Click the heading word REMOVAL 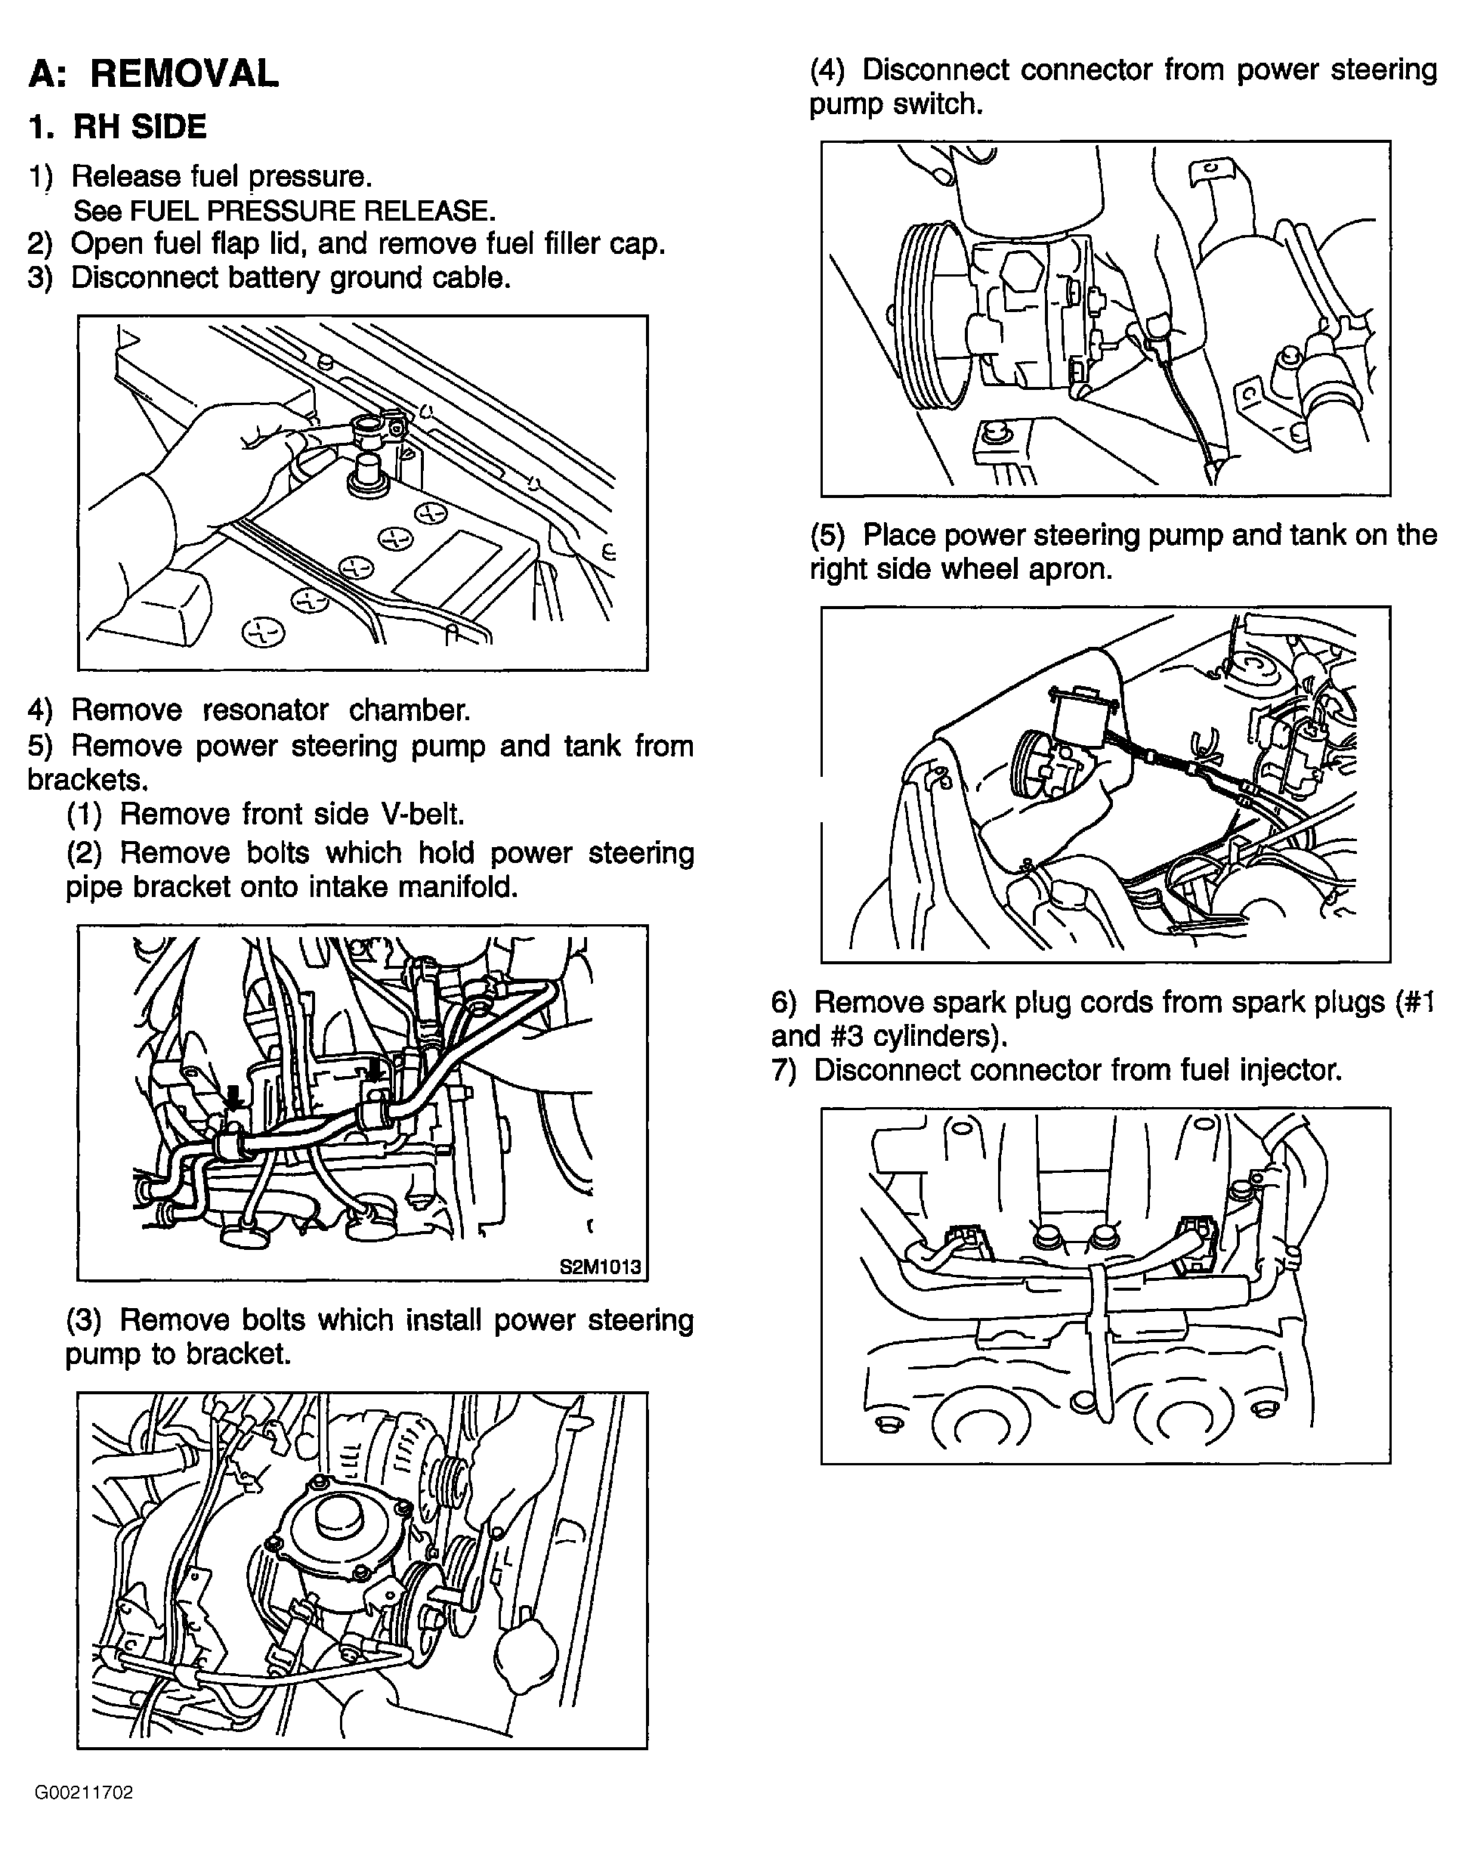pos(184,74)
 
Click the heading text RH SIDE pos(140,127)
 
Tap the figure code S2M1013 pos(601,1267)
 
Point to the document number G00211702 pos(84,1793)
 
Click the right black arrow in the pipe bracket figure pos(374,1069)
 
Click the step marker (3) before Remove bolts pos(84,1321)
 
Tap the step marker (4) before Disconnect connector pos(828,70)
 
